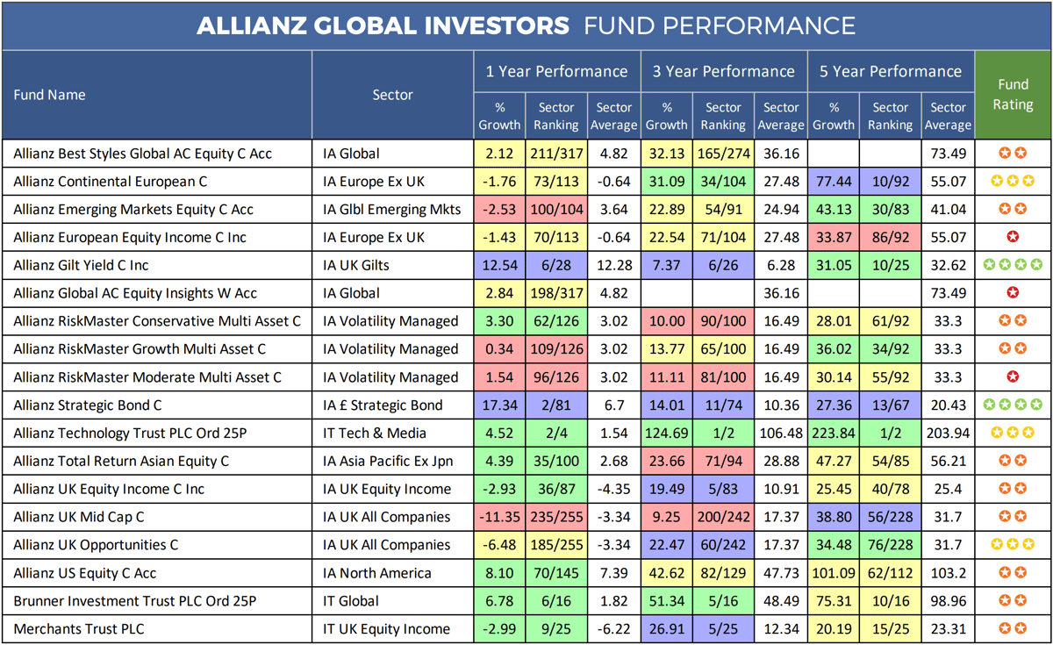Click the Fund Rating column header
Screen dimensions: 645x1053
(x=1013, y=95)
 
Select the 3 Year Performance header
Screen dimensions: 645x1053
(x=723, y=71)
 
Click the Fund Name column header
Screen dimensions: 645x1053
(x=49, y=95)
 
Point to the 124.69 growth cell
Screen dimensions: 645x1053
(x=667, y=434)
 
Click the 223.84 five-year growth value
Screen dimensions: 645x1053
(x=834, y=434)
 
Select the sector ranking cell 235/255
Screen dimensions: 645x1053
(x=556, y=517)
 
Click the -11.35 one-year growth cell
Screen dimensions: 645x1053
(x=501, y=517)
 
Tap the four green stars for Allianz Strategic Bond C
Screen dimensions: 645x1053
(x=1013, y=405)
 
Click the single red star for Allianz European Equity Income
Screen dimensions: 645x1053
(x=1013, y=237)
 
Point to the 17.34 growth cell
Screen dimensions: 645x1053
(x=501, y=405)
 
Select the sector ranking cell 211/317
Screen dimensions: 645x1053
(x=556, y=154)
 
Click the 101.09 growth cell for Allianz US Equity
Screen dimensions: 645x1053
(x=834, y=573)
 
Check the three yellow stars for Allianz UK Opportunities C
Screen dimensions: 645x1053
(x=1013, y=545)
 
